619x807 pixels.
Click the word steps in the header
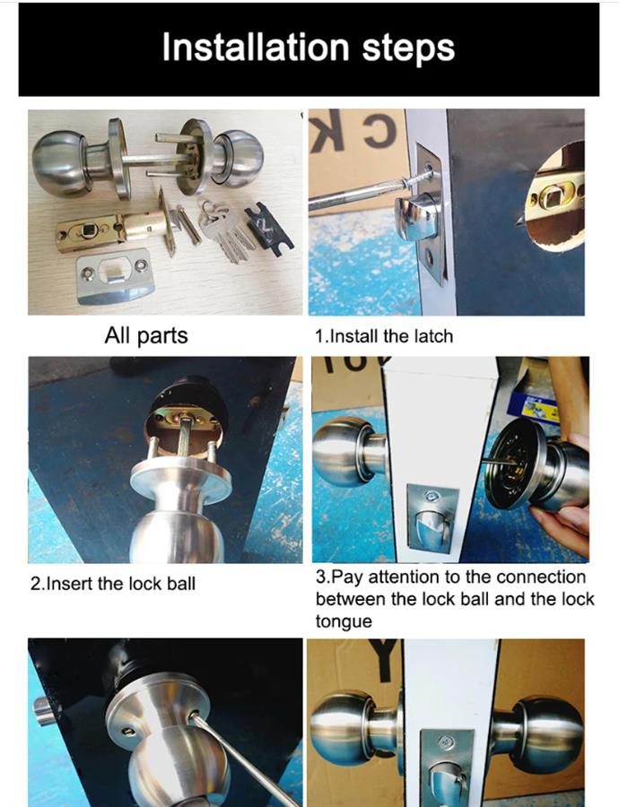point(408,49)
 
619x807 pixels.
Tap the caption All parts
point(146,335)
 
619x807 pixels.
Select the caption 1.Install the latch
point(384,336)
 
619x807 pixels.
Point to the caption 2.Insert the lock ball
point(113,584)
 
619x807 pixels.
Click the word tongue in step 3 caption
point(344,621)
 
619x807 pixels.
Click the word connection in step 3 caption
point(541,577)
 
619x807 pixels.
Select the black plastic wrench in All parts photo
point(269,226)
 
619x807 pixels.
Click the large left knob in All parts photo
point(59,163)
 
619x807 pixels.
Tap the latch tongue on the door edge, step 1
point(418,217)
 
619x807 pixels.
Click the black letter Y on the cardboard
point(385,660)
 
